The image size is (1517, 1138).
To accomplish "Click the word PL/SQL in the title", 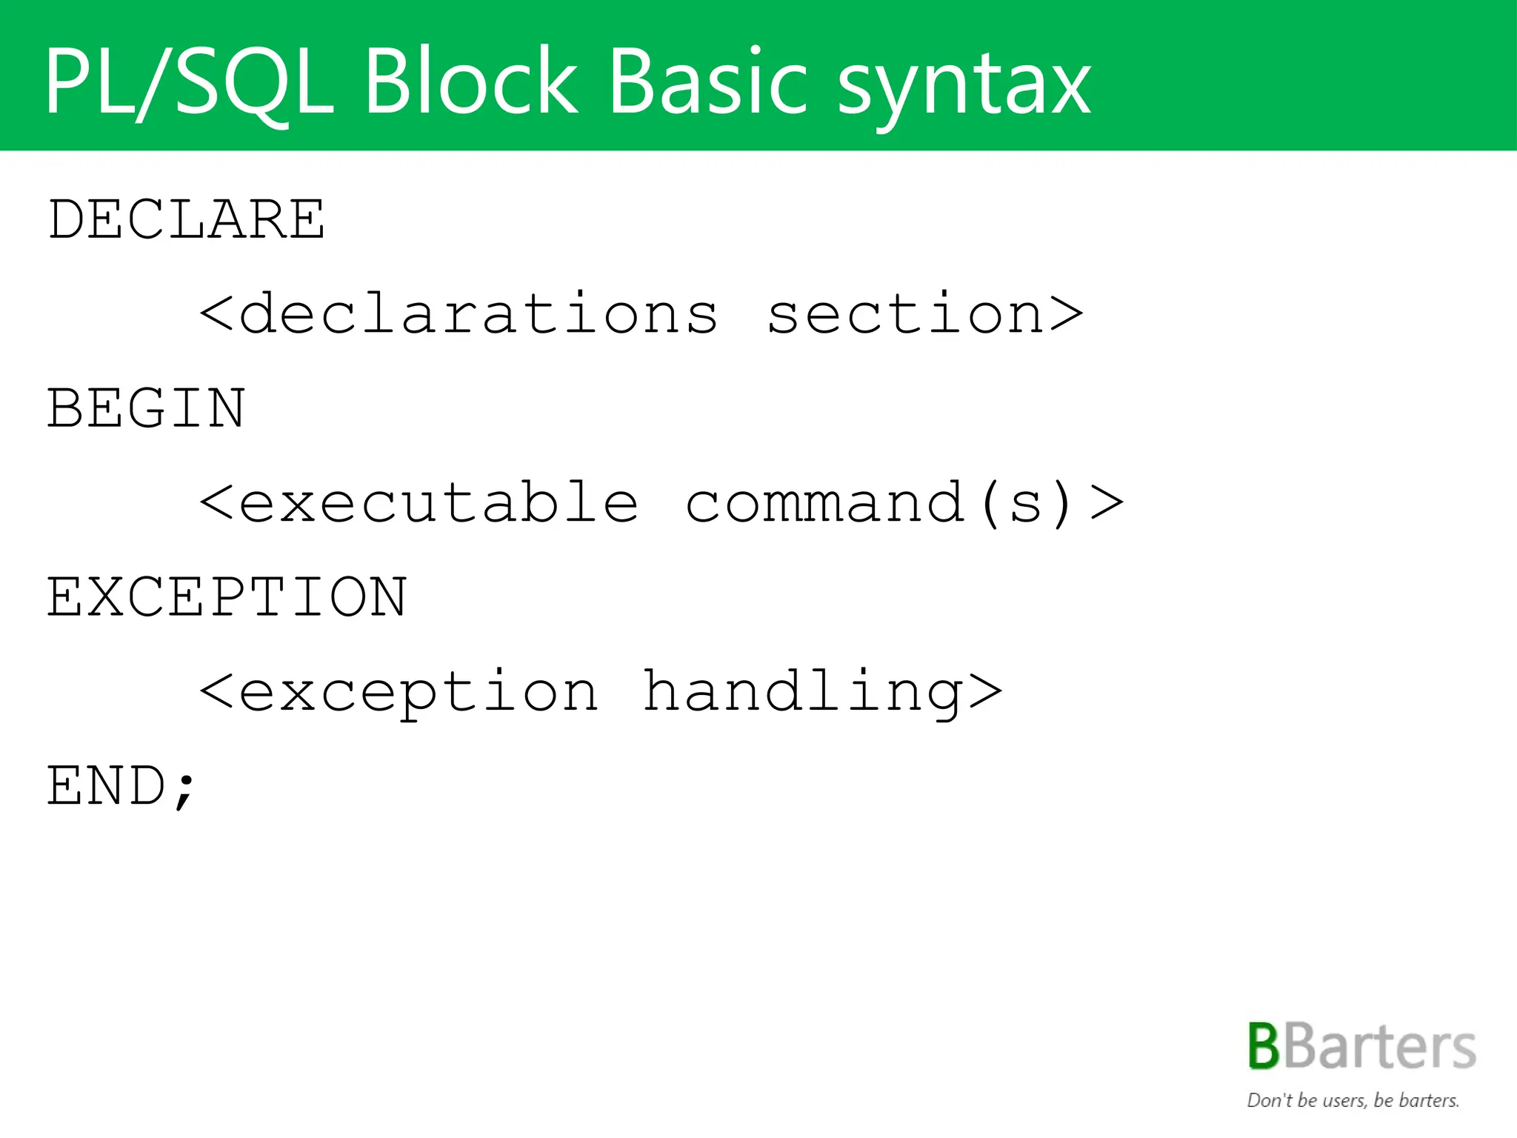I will tap(189, 81).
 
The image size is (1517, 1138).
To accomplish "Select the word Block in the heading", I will tap(470, 81).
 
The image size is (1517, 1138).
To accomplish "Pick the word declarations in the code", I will tap(479, 314).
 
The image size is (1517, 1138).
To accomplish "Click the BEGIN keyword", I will tap(146, 408).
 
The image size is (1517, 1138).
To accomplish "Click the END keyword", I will tap(107, 786).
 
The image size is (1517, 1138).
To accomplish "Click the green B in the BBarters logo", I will tap(1264, 1047).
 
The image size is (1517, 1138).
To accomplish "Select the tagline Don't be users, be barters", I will tap(1353, 1101).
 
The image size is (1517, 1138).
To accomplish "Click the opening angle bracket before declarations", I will tap(216, 314).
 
